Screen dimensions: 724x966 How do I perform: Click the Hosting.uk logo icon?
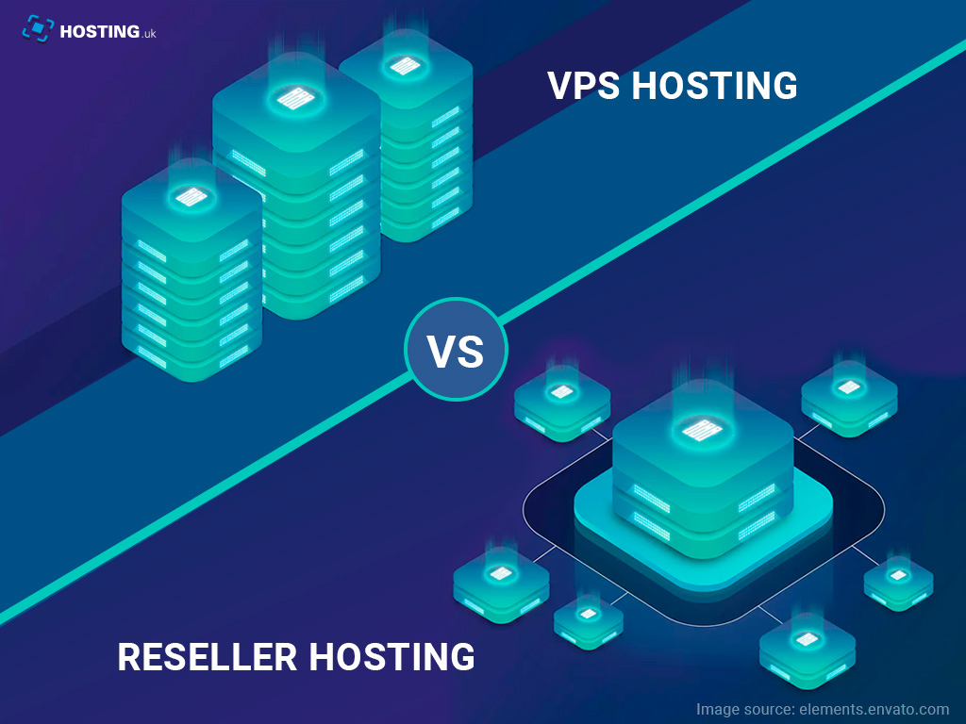click(x=36, y=29)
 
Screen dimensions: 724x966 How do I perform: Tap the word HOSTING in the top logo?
click(x=94, y=30)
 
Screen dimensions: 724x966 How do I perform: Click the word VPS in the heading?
click(x=584, y=86)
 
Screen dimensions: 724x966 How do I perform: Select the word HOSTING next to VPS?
click(x=714, y=86)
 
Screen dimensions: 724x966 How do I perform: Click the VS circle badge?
click(x=456, y=350)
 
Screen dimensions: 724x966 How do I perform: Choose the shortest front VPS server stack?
click(x=192, y=283)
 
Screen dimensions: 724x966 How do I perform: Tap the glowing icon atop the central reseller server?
click(x=702, y=430)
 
